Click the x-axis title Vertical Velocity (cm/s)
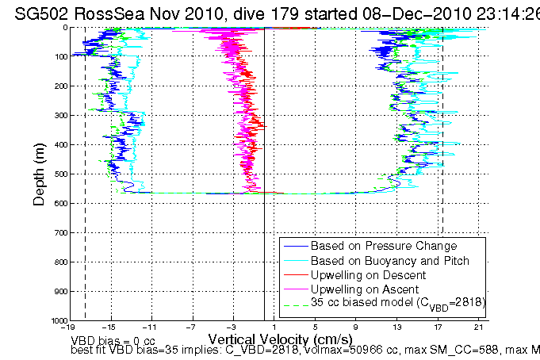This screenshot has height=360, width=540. coord(276,338)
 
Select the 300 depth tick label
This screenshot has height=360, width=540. coord(59,116)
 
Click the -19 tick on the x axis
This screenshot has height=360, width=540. coord(70,327)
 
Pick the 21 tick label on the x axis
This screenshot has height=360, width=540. coord(477,327)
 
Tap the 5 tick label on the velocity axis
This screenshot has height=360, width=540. coord(315,327)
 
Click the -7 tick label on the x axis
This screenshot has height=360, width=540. coord(191,327)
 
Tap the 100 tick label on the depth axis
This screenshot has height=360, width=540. coord(59,57)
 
